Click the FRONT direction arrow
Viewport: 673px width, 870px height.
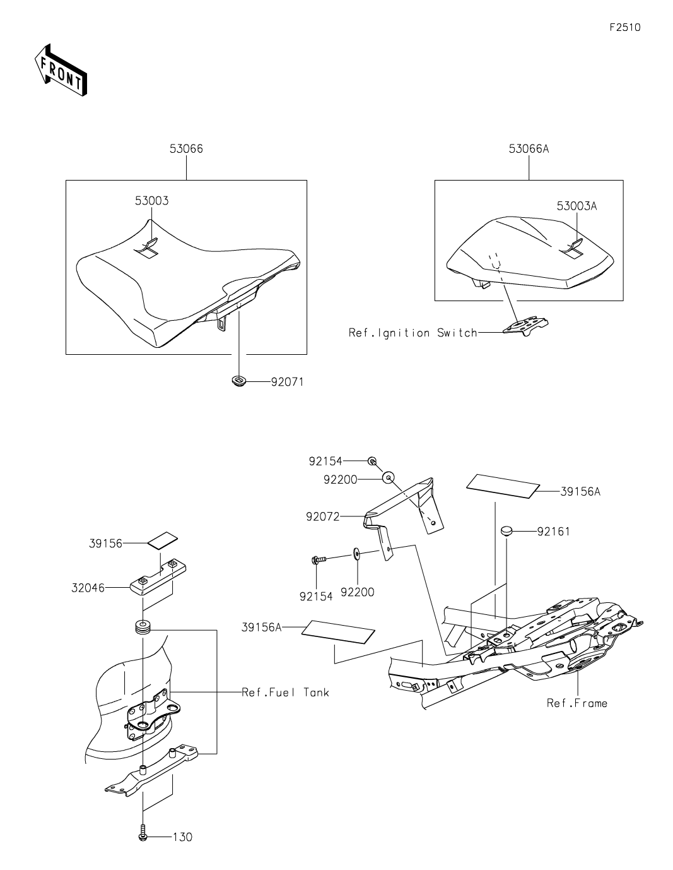click(x=61, y=70)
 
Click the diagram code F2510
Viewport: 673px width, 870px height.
click(x=625, y=28)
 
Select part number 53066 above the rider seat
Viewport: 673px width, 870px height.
click(x=186, y=149)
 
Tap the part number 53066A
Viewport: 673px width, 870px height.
click(x=529, y=149)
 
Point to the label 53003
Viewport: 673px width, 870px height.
click(x=151, y=201)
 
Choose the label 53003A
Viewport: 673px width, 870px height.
click(x=576, y=206)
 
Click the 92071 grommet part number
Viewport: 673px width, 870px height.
click(x=287, y=381)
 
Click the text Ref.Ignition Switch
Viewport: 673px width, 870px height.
click(x=413, y=333)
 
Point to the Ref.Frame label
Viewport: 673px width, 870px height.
click(x=577, y=703)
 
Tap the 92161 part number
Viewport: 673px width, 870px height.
click(x=553, y=532)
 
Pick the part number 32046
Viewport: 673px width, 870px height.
click(x=88, y=588)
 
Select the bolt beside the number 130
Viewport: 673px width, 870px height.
click(x=143, y=835)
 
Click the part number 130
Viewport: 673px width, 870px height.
click(x=182, y=837)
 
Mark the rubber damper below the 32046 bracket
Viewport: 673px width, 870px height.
click(x=143, y=628)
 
